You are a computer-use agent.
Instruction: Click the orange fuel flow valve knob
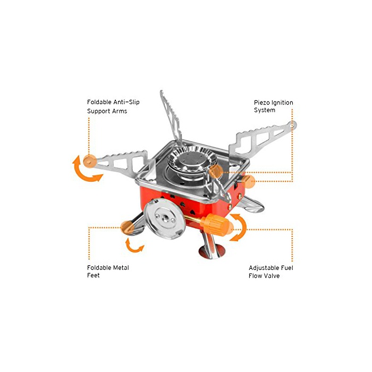point(216,224)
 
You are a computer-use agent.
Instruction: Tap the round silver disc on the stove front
point(165,219)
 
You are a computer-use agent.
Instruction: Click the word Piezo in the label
point(262,103)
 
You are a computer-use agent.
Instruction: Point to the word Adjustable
point(264,268)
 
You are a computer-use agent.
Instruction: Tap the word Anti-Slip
point(126,102)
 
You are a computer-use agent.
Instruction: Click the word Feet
point(93,275)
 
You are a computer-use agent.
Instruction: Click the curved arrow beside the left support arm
point(86,170)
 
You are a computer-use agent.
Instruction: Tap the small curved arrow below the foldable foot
point(134,246)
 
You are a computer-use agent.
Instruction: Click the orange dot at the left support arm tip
point(90,161)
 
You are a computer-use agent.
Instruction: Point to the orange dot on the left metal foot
point(128,228)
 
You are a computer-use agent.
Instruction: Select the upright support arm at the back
point(171,118)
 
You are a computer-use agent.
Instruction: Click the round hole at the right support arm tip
point(292,124)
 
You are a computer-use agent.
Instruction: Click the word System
point(264,110)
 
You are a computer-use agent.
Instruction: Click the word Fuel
point(287,268)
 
